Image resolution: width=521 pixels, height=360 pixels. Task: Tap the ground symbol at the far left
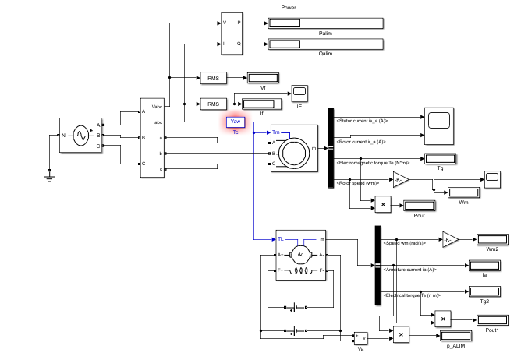tap(48, 178)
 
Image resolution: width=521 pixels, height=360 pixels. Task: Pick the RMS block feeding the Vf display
tap(211, 78)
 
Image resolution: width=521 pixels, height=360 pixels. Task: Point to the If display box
tap(262, 104)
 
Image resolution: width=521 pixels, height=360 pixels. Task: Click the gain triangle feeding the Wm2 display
tap(450, 239)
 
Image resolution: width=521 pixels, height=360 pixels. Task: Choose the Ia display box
tap(484, 265)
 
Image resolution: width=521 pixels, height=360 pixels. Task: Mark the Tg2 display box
tap(484, 291)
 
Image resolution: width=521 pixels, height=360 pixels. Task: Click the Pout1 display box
tap(490, 319)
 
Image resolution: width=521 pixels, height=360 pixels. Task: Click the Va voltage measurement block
tap(360, 338)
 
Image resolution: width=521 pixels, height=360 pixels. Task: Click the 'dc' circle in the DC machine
tap(299, 254)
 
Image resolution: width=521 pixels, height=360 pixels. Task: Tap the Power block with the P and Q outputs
tap(232, 34)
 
